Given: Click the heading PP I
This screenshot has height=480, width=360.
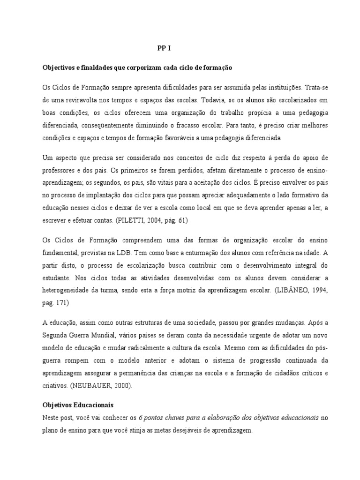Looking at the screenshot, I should (164, 48).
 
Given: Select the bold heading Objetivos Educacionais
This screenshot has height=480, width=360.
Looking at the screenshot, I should (78, 404).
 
